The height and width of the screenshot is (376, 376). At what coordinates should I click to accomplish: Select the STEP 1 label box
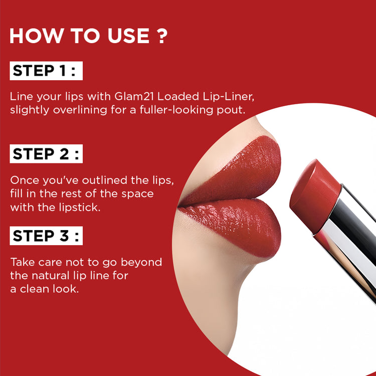46,71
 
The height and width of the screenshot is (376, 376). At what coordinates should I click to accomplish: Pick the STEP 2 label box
46,154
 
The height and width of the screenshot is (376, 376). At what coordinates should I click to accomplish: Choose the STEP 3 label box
46,236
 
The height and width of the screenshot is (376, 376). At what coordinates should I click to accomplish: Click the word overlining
80,111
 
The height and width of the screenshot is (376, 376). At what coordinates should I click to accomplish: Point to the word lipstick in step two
79,208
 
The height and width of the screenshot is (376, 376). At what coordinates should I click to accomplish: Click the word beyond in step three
141,263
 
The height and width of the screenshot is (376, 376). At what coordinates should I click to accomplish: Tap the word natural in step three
51,276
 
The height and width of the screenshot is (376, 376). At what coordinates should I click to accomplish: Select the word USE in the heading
128,36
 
